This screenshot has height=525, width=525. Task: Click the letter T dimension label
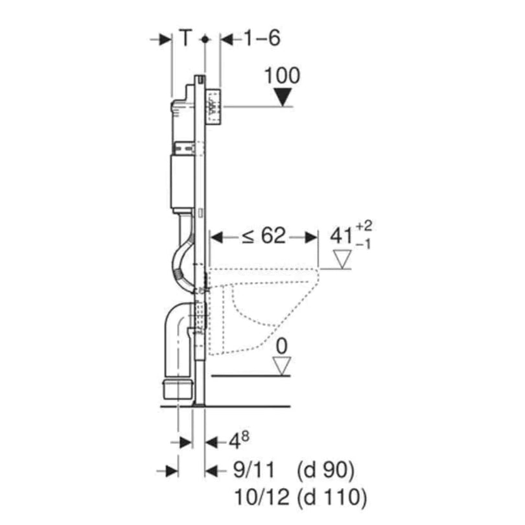click(186, 39)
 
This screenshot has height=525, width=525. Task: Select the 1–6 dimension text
click(261, 39)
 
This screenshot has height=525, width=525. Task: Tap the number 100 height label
click(283, 76)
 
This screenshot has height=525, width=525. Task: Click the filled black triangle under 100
click(282, 98)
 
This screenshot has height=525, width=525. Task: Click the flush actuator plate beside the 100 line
click(215, 106)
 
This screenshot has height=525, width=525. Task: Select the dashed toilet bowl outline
click(259, 305)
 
